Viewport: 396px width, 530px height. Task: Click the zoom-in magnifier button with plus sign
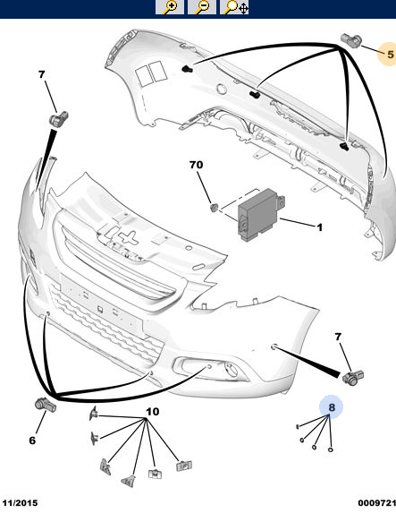[170, 7]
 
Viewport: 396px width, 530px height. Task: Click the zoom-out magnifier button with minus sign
[202, 7]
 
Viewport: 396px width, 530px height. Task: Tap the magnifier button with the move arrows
[234, 7]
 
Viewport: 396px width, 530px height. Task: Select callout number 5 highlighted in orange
[391, 54]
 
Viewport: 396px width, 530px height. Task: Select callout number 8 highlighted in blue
[332, 407]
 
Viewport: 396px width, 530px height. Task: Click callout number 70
[196, 165]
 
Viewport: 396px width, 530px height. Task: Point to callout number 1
[319, 227]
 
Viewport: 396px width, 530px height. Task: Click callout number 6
[32, 440]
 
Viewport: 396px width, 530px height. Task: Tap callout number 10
[152, 411]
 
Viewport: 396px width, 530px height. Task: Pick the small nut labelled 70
[214, 208]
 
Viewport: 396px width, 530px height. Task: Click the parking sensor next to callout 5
[350, 41]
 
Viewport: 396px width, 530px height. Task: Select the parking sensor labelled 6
[46, 405]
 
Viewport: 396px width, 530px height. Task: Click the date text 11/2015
[20, 503]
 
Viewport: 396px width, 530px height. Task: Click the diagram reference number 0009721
[376, 503]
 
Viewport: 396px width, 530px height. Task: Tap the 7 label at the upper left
[41, 74]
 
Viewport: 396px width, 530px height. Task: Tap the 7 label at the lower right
[338, 337]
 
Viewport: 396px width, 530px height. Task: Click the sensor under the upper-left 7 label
[59, 119]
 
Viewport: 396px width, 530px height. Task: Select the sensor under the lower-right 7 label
[353, 378]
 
